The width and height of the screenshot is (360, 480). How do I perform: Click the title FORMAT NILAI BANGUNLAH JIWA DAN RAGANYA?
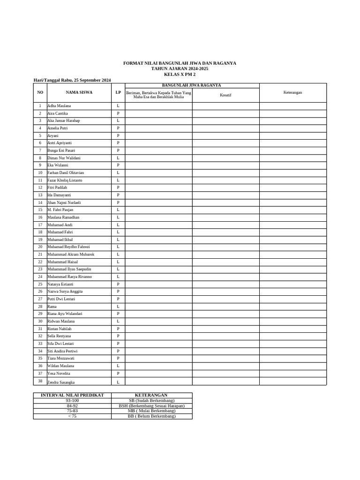pyautogui.click(x=180, y=63)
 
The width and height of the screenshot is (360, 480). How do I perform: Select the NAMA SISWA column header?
pyautogui.click(x=79, y=92)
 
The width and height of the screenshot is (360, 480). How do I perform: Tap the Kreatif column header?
pyautogui.click(x=225, y=95)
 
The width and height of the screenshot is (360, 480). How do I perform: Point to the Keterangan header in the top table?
pyautogui.click(x=292, y=92)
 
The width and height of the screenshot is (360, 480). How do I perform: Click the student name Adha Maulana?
pyautogui.click(x=59, y=106)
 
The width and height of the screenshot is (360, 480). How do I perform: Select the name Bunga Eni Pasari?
pyautogui.click(x=61, y=150)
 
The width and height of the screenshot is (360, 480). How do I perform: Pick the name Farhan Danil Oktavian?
pyautogui.click(x=65, y=172)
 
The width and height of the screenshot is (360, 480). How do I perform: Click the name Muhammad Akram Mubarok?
pyautogui.click(x=71, y=254)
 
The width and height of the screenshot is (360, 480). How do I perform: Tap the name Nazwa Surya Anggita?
pyautogui.click(x=65, y=292)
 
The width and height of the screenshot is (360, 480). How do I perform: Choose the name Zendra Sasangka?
pyautogui.click(x=61, y=382)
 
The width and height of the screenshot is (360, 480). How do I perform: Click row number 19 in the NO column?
pyautogui.click(x=40, y=240)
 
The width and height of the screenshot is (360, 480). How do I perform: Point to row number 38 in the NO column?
pyautogui.click(x=40, y=381)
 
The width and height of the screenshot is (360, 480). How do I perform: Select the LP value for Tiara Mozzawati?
pyautogui.click(x=118, y=358)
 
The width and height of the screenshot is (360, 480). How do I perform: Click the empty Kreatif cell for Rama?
pyautogui.click(x=225, y=307)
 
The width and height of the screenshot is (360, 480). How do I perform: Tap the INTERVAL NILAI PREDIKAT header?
pyautogui.click(x=72, y=395)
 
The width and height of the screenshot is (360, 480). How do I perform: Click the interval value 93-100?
pyautogui.click(x=72, y=401)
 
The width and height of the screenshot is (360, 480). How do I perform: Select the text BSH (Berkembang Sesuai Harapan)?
pyautogui.click(x=151, y=406)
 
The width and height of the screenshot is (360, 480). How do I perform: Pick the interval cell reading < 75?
pyautogui.click(x=72, y=416)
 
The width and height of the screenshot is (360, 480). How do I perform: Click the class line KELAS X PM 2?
pyautogui.click(x=180, y=75)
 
